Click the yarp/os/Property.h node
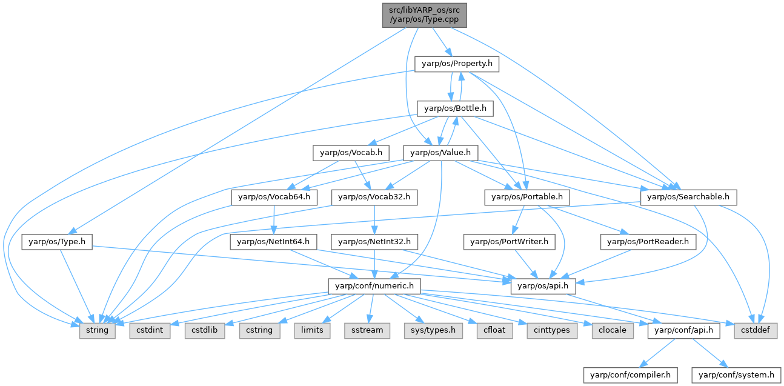coord(457,64)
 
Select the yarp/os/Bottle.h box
coord(456,108)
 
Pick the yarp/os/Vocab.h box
coord(351,153)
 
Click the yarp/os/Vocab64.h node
coord(274,197)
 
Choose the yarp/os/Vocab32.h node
coord(374,197)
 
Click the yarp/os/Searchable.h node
coord(691,197)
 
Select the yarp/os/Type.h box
coord(57,242)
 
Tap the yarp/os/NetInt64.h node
coord(273,242)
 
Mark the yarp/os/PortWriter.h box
coord(509,242)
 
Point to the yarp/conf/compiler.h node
coord(630,375)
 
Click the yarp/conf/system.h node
coord(736,375)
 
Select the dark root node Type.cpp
coord(424,15)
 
